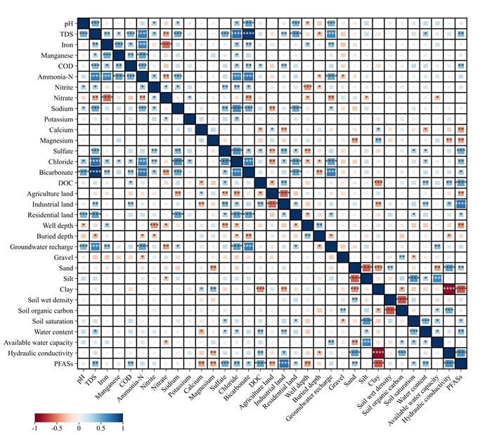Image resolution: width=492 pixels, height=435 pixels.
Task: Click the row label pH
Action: point(67,23)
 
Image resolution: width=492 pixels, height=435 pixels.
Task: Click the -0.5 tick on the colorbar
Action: point(57,427)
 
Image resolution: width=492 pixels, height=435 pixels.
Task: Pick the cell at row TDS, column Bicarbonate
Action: point(248,34)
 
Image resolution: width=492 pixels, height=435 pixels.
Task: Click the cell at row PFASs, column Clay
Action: point(378,363)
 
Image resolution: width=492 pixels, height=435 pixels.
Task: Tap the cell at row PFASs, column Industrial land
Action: point(284,363)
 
